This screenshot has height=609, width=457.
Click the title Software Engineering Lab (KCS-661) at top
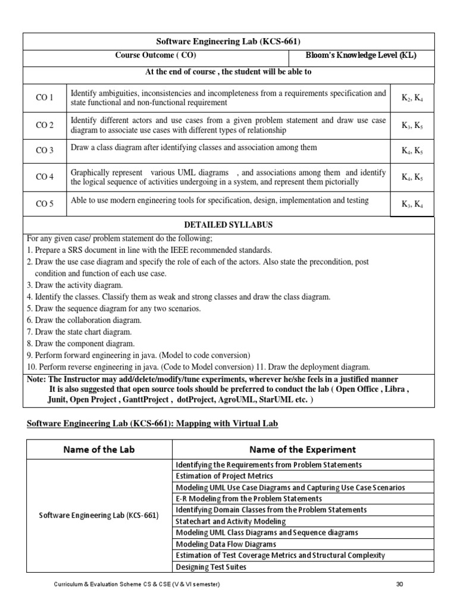228,41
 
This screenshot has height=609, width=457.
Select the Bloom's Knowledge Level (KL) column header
361,56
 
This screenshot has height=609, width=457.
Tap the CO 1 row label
45,98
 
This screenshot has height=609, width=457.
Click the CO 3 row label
45,150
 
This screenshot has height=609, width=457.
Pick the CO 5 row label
45,204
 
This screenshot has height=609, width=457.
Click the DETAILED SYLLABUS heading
228,225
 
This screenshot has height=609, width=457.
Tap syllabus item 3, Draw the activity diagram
66,285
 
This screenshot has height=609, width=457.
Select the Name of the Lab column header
99,450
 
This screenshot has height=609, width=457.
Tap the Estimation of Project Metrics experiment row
224,476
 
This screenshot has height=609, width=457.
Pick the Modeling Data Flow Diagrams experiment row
226,544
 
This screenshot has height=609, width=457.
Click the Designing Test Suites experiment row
211,567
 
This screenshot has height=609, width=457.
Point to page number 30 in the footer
400,585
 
